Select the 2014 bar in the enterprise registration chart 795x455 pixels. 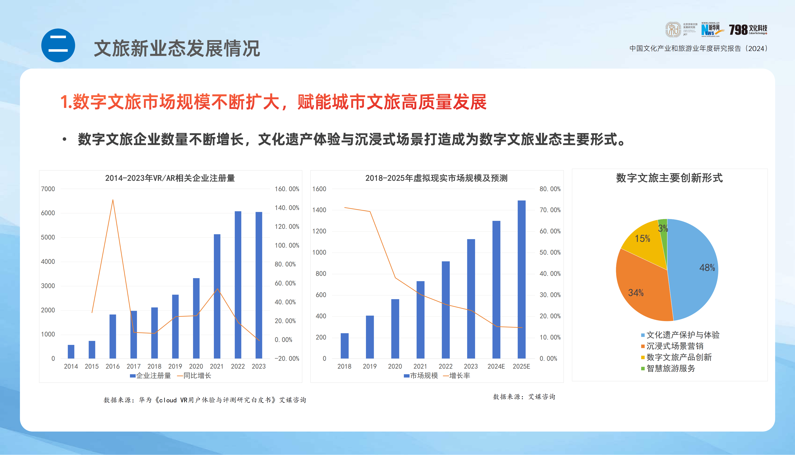[x=71, y=351]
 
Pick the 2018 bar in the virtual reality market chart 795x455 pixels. [x=344, y=346]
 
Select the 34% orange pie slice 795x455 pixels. [x=641, y=291]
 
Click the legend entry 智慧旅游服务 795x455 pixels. [x=671, y=368]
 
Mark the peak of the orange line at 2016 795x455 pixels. [x=113, y=200]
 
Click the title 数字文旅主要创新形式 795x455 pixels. [x=669, y=178]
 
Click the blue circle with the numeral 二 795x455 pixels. [x=58, y=45]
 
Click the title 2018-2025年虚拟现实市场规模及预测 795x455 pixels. [x=436, y=178]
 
